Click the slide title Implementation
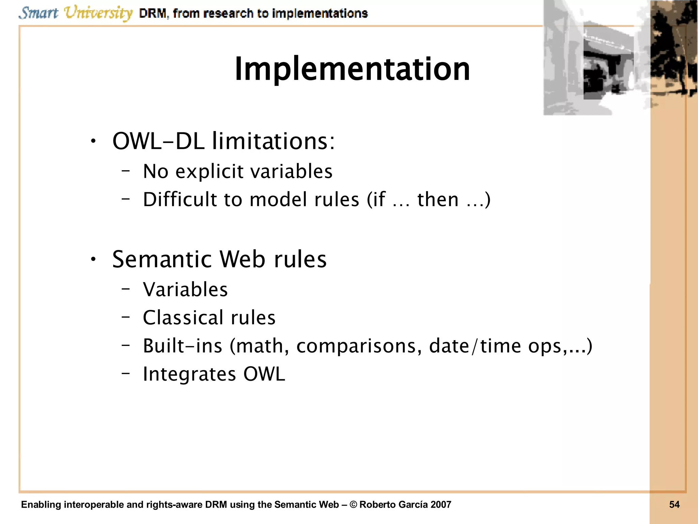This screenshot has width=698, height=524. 352,69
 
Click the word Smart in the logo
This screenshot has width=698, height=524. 38,13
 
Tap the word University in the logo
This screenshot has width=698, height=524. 98,13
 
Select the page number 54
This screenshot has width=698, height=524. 674,505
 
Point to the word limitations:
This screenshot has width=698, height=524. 273,141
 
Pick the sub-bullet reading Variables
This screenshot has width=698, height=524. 185,290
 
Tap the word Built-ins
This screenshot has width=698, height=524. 182,346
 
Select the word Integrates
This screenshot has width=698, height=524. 189,374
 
